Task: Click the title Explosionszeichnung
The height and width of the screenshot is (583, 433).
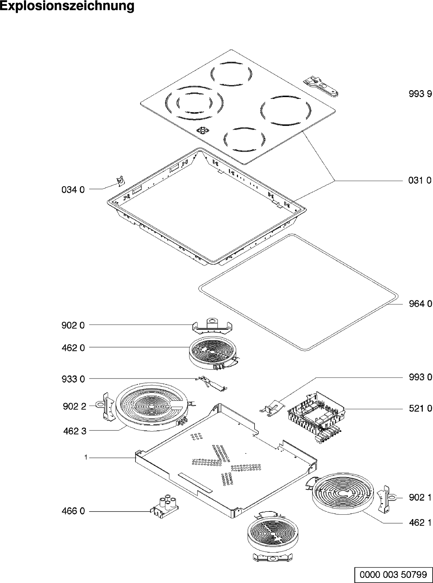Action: [x=67, y=6]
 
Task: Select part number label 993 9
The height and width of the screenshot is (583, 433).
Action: [x=420, y=94]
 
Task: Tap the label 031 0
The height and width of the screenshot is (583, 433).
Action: [x=420, y=180]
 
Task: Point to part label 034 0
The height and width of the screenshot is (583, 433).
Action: [x=73, y=189]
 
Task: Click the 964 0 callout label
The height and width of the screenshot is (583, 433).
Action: [x=420, y=304]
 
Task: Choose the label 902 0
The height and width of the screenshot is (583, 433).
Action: [x=73, y=325]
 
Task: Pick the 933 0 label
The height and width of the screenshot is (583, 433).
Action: [x=73, y=379]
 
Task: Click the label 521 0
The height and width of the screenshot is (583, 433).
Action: [x=420, y=409]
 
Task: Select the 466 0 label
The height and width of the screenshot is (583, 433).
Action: [x=73, y=511]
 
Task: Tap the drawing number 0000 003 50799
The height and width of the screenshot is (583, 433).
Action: [x=393, y=575]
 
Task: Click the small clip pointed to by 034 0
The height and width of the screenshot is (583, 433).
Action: [x=119, y=180]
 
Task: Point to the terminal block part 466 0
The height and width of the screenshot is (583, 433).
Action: [x=165, y=505]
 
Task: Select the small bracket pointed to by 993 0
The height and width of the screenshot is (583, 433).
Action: [x=272, y=407]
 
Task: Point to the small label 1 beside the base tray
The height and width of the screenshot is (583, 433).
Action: [x=85, y=457]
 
